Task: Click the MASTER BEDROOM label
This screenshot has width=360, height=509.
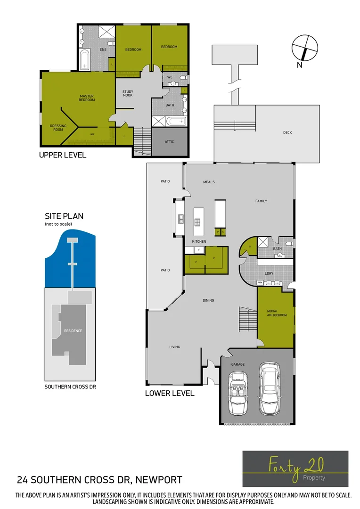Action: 87,98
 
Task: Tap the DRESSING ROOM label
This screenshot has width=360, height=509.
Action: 58,128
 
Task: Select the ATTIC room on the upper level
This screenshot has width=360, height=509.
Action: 170,141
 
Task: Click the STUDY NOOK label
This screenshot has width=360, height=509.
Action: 128,93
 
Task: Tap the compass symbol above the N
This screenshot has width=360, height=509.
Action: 304,48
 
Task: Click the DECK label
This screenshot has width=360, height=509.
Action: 287,133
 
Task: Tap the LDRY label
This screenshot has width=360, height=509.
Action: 269,273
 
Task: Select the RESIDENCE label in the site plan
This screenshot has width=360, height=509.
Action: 73,331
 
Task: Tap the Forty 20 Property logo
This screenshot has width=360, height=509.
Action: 295,468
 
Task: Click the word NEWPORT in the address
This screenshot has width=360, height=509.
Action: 159,480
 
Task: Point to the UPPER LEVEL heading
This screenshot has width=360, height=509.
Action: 63,155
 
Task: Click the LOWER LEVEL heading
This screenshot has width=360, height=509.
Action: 170,393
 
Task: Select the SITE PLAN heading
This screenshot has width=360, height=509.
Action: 64,216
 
